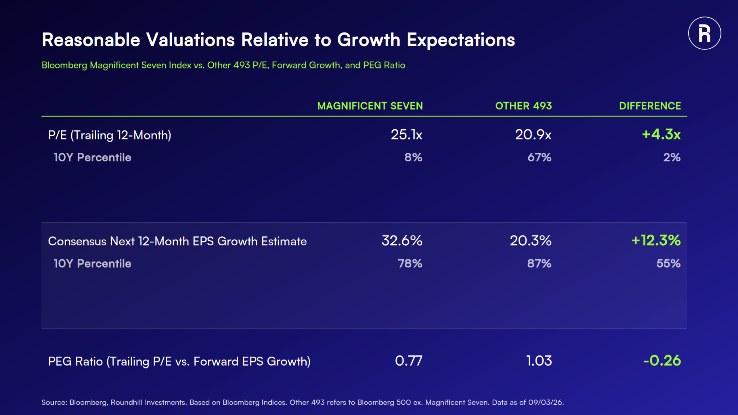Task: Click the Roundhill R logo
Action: tap(704, 33)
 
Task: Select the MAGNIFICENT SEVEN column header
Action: tap(370, 106)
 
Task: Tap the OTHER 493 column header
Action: tap(523, 106)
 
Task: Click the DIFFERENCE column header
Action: tap(650, 106)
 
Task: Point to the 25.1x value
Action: tap(406, 135)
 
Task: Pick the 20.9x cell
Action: tap(533, 135)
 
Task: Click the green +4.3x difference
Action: tap(661, 134)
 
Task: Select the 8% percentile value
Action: tap(413, 157)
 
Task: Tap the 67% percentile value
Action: tap(539, 157)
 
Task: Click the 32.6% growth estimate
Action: tap(402, 241)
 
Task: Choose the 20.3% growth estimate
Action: tap(531, 241)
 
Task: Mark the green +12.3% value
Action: tap(656, 240)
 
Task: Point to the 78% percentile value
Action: tap(410, 263)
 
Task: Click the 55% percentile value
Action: tap(668, 263)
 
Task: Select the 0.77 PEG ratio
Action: tap(409, 361)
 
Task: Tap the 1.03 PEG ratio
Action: tap(539, 361)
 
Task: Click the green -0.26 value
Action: tap(662, 361)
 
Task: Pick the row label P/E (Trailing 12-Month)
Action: tap(110, 135)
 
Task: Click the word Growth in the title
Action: tap(369, 40)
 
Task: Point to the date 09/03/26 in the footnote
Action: tap(545, 402)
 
